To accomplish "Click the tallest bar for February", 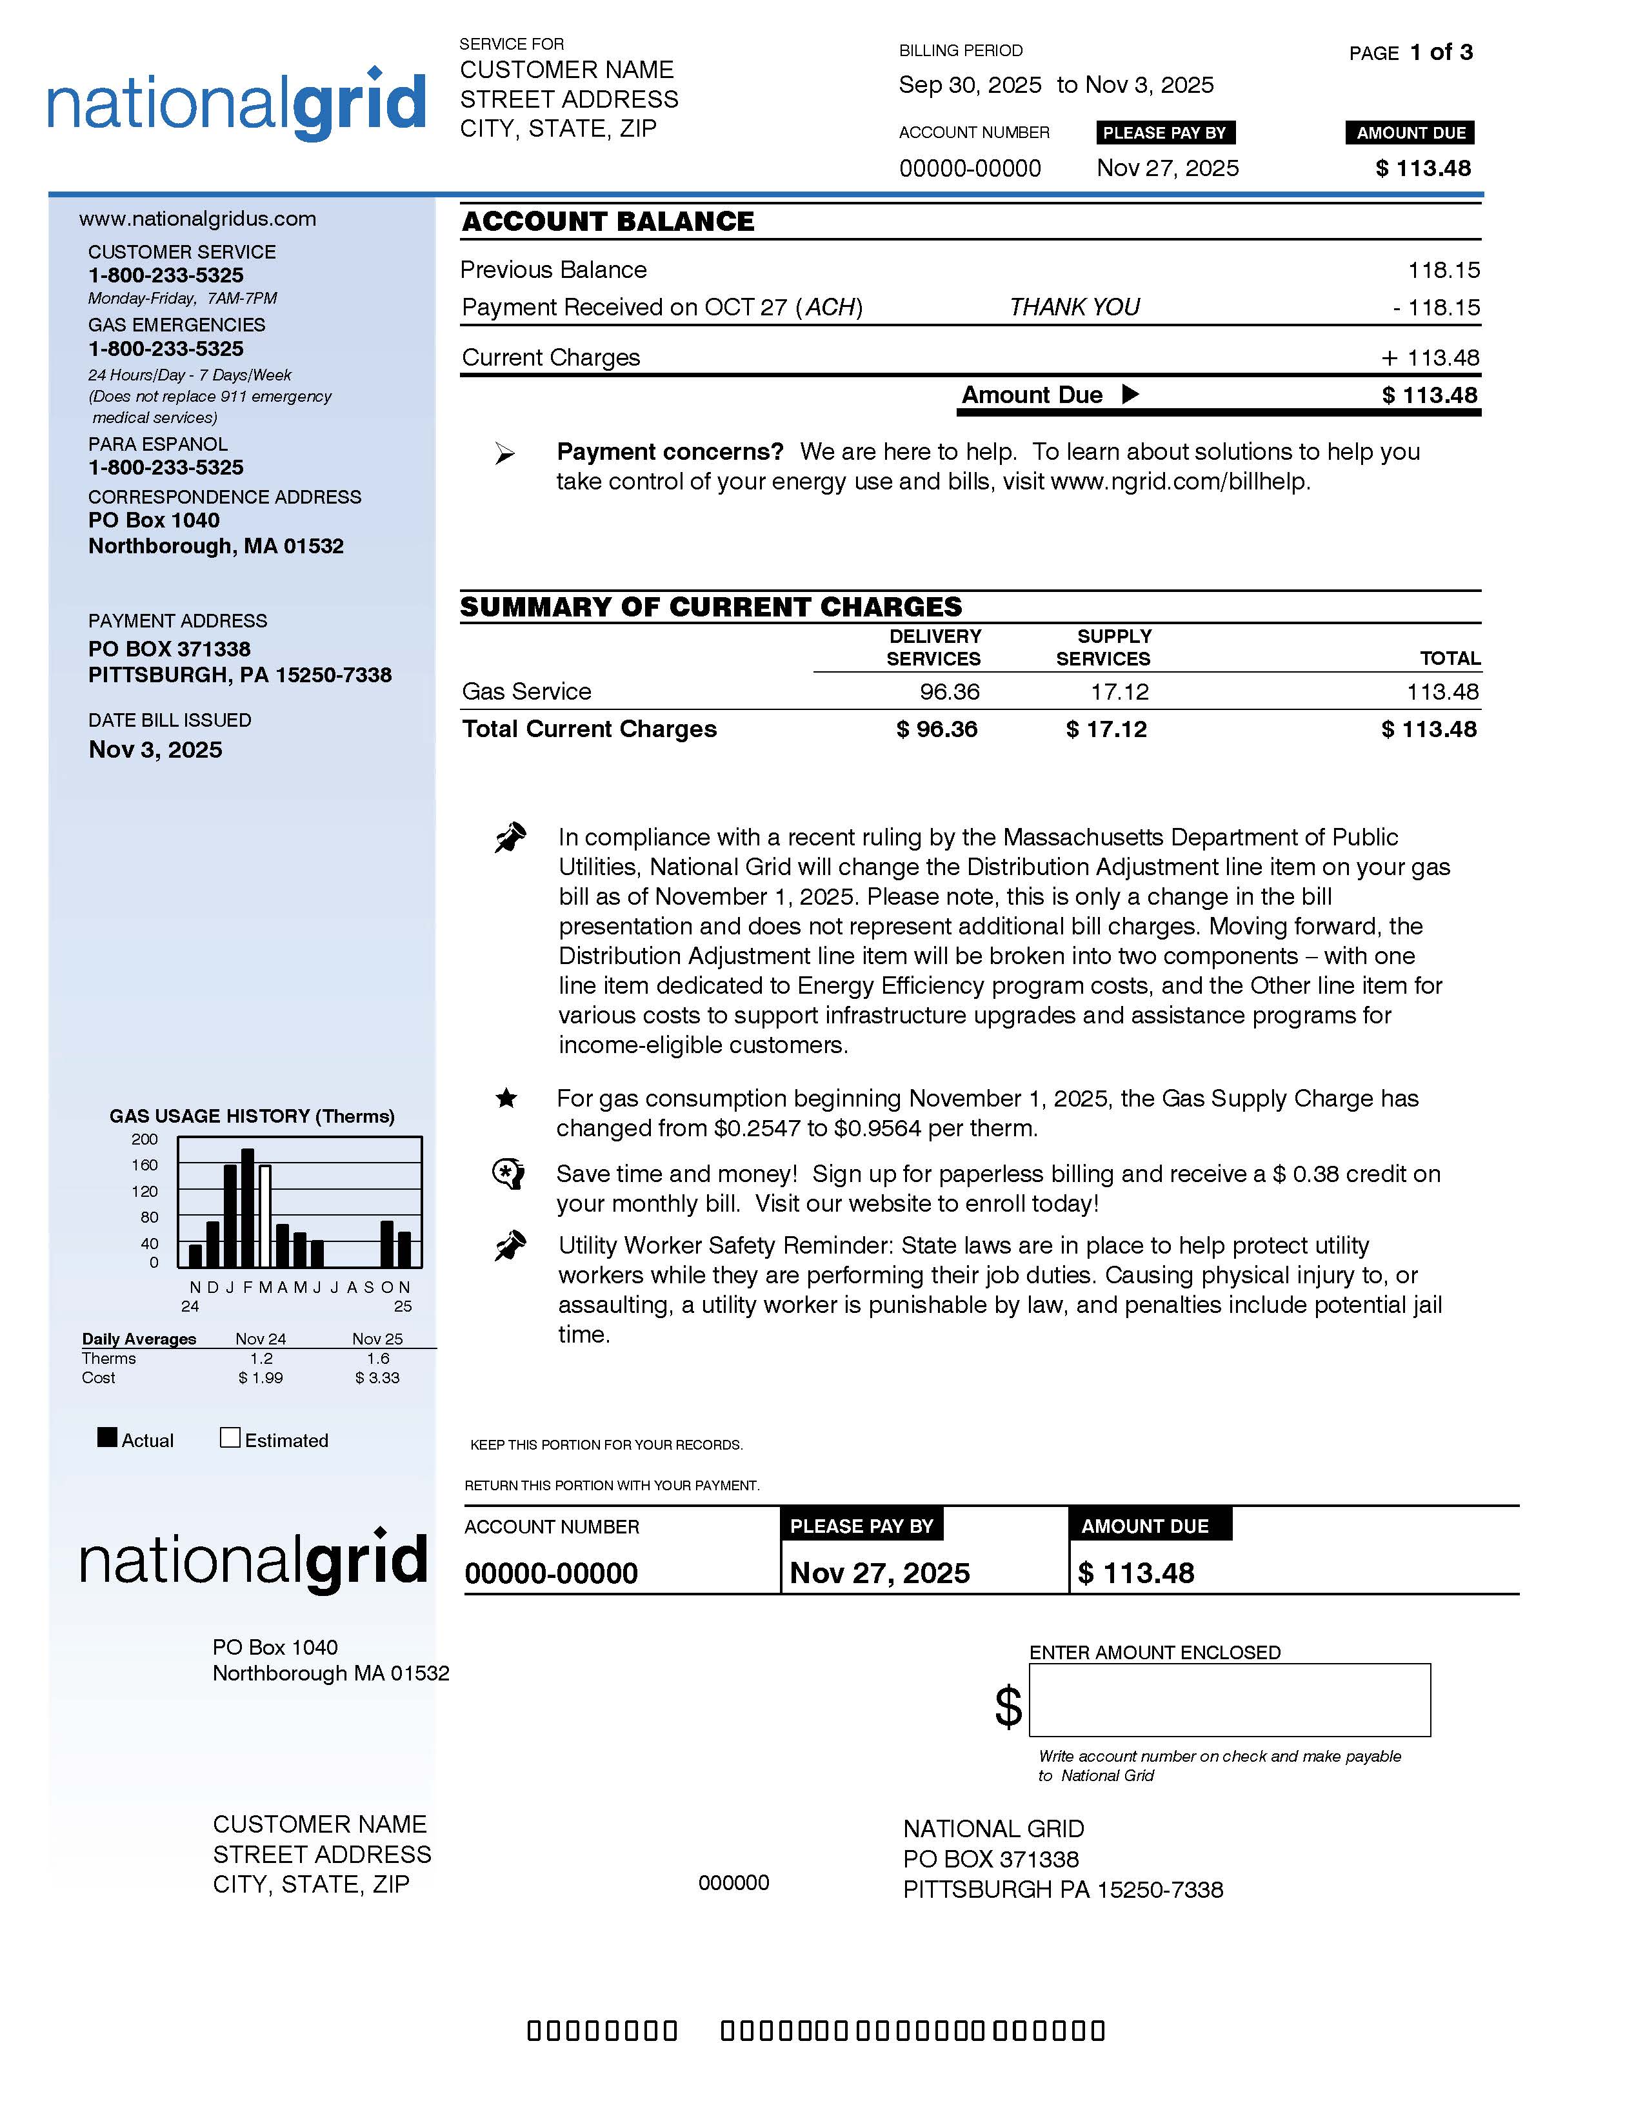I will [x=248, y=1208].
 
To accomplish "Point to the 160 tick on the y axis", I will [x=145, y=1165].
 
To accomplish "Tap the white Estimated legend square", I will [x=230, y=1437].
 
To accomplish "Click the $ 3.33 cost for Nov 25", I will [x=377, y=1378].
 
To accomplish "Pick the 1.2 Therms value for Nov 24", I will [x=261, y=1358].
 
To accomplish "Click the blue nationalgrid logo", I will [x=237, y=104].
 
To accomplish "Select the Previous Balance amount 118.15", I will [x=1443, y=270].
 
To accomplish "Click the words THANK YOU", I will [x=1074, y=308].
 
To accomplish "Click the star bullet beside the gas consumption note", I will [x=506, y=1099].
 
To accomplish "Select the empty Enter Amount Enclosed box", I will [x=1229, y=1700].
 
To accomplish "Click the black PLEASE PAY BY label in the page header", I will [x=1164, y=132].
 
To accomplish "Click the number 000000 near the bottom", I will [x=734, y=1882].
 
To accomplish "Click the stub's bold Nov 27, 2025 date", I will [x=879, y=1573].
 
